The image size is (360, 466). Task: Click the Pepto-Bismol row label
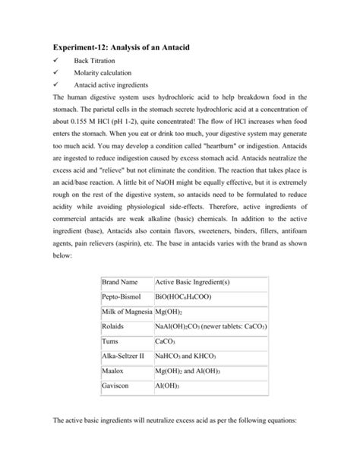click(125, 297)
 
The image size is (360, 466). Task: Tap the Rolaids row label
click(113, 326)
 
